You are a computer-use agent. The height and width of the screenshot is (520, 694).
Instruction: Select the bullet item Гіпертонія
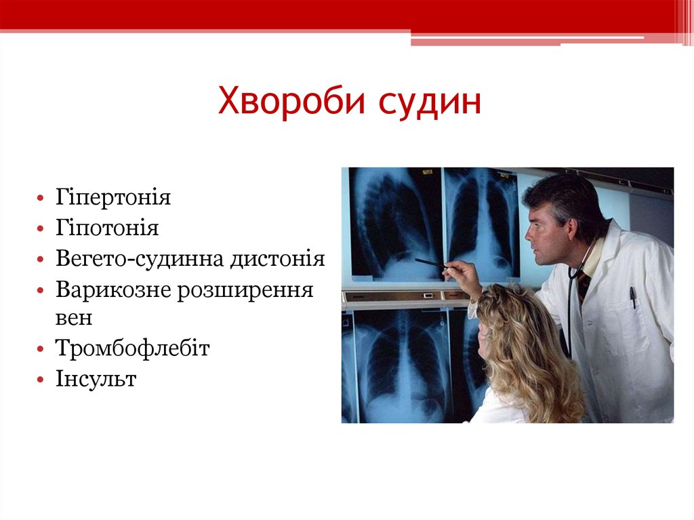click(x=113, y=198)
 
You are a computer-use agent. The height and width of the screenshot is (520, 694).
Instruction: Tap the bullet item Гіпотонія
click(x=107, y=228)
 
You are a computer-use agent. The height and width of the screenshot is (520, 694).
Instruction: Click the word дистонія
click(x=277, y=259)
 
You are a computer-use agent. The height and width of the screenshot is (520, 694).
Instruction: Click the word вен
click(x=74, y=317)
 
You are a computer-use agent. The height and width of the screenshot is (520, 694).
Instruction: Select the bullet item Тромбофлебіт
click(x=133, y=348)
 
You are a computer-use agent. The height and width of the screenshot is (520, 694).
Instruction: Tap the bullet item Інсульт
click(x=96, y=379)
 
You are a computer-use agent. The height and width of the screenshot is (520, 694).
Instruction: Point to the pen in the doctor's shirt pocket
click(x=632, y=297)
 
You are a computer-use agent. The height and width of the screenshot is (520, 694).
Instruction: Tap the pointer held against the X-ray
click(x=429, y=263)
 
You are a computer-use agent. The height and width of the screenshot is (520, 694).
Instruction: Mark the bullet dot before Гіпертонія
click(x=43, y=199)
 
